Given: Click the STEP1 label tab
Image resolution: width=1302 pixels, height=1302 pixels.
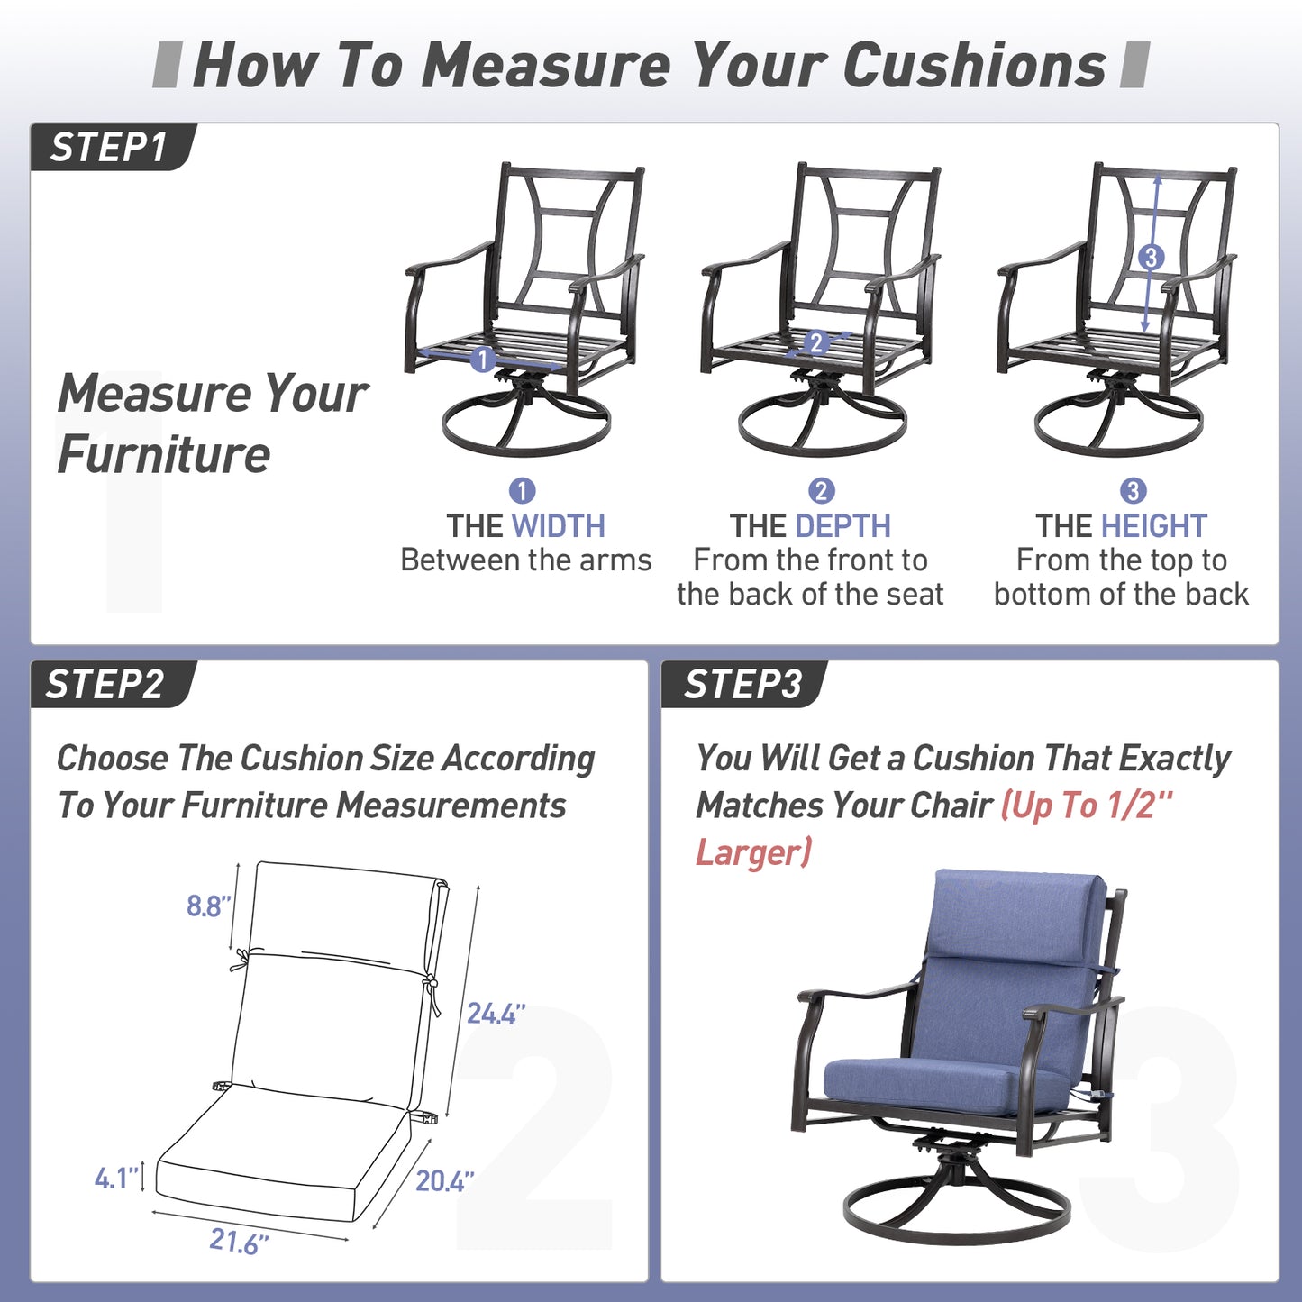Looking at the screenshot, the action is click(112, 147).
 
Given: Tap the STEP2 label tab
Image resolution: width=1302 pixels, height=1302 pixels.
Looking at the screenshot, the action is click(112, 684).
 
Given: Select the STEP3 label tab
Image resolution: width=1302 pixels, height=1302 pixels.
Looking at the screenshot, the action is click(743, 684).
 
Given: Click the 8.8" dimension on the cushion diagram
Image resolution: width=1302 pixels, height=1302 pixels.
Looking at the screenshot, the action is click(209, 906).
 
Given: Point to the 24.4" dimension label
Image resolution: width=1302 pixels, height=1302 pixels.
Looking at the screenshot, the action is click(496, 1014).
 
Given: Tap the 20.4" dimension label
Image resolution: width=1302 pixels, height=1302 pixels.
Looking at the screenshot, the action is click(444, 1180).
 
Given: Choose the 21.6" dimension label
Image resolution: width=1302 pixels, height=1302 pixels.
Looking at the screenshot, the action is click(239, 1241).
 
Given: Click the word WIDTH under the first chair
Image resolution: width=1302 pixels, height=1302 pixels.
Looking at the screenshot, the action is click(558, 526).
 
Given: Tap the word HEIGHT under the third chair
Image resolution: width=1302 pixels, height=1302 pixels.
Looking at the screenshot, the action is click(1153, 526).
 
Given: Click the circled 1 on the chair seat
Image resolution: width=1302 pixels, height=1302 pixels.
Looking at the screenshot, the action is click(482, 358).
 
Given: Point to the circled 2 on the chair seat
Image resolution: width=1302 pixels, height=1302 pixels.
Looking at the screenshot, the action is click(816, 343).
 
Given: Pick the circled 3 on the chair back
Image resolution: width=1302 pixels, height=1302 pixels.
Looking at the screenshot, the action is click(1152, 257).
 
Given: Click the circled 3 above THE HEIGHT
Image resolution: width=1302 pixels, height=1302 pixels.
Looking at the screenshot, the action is click(1134, 490).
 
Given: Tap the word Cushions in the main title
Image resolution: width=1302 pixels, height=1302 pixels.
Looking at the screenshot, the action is click(974, 66).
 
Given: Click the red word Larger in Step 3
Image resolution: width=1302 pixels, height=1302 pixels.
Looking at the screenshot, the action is click(753, 852).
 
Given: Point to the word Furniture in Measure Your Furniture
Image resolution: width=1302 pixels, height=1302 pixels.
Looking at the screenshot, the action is click(164, 455).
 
